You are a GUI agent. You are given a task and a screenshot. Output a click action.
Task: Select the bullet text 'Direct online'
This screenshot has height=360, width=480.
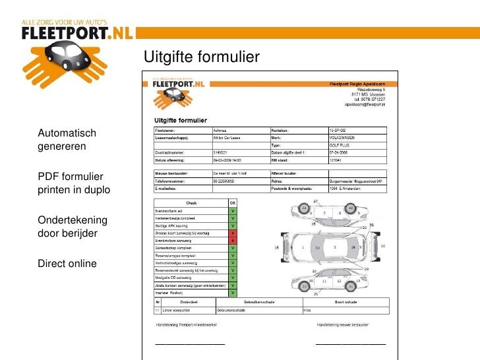pyautogui.click(x=67, y=264)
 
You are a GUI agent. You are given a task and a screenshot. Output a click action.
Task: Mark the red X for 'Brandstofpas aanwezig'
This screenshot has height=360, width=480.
pyautogui.click(x=232, y=241)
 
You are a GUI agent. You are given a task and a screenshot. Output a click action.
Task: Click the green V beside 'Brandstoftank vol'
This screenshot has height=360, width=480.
pyautogui.click(x=232, y=211)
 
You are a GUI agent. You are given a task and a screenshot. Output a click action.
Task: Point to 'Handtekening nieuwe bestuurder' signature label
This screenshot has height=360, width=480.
pyautogui.click(x=349, y=325)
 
